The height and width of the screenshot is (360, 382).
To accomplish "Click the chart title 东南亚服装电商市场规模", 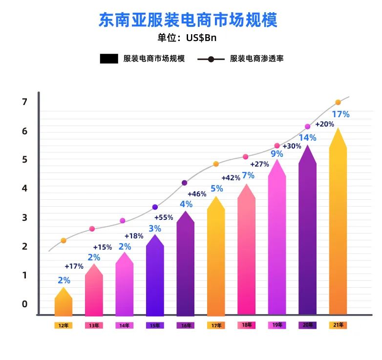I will tap(188, 20).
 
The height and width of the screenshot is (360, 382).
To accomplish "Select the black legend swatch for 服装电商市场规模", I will tap(109, 59).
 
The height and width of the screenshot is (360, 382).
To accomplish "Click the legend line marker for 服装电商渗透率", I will tap(211, 59).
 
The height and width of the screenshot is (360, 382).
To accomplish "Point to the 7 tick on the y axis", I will tap(24, 102).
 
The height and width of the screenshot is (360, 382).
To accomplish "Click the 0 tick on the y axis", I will tap(24, 304).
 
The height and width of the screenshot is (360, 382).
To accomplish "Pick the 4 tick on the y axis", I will tap(24, 189).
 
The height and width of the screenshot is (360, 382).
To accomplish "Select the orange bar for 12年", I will tap(64, 303).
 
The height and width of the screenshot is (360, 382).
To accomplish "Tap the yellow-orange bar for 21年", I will tap(338, 225).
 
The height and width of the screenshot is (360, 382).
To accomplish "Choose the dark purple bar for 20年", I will tap(307, 234).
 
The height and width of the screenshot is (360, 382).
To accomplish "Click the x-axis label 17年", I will tap(216, 325).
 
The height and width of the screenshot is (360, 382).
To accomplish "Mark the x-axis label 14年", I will tap(125, 325).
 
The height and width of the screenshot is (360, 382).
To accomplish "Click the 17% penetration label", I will tap(340, 114).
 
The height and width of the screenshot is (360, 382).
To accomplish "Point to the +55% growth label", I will tap(164, 217).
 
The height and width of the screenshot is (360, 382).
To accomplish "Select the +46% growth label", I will tap(197, 194).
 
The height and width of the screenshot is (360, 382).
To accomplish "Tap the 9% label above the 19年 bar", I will tap(277, 154).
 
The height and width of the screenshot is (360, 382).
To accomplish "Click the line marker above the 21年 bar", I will tap(338, 103).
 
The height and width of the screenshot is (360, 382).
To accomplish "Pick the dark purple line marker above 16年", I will tap(184, 183).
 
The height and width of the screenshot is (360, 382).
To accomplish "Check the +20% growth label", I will tap(324, 124).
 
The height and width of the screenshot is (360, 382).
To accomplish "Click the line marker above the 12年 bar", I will tap(64, 240).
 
